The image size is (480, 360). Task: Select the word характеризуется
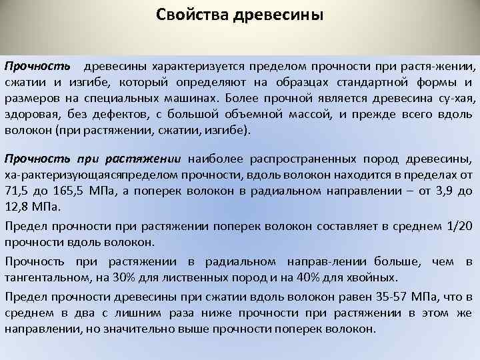tap(193, 67)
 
